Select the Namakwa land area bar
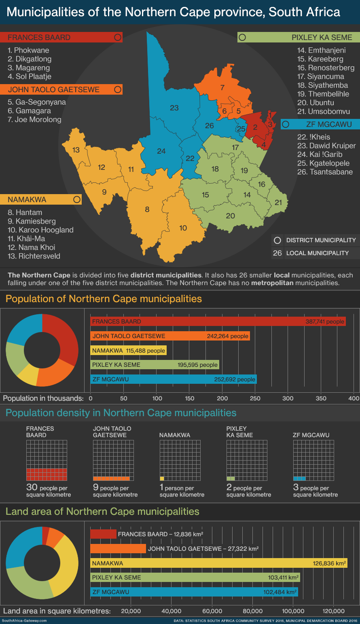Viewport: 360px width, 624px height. tap(218, 563)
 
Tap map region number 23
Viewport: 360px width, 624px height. tap(174, 108)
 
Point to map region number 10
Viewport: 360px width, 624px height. tap(183, 228)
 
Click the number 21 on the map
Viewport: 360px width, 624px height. tap(278, 202)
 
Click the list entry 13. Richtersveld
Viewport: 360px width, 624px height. tap(34, 256)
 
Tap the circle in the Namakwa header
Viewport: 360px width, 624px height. tap(77, 199)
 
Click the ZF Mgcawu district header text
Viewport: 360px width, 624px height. tap(329, 125)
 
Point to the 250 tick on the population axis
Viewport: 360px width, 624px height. tap(255, 398)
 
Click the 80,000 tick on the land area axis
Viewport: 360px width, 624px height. tap(252, 611)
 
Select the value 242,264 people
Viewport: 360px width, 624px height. tap(227, 336)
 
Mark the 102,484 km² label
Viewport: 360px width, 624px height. tap(280, 592)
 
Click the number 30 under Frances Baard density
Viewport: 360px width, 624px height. tap(32, 487)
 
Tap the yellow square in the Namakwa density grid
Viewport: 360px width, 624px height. tap(162, 478)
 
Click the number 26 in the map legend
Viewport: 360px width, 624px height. tap(277, 253)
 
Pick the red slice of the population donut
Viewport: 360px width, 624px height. tap(65, 336)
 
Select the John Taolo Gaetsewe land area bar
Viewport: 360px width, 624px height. tap(118, 549)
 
